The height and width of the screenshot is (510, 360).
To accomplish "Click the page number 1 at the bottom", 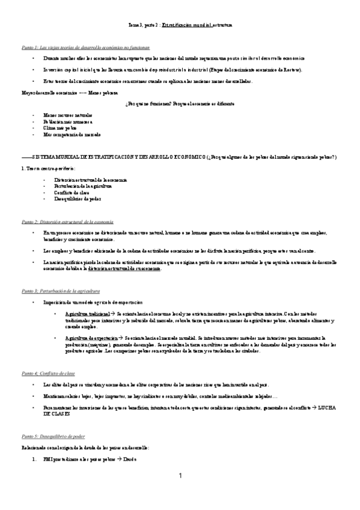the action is click(180, 476).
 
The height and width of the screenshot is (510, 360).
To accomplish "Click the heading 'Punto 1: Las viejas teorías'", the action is click(75, 47).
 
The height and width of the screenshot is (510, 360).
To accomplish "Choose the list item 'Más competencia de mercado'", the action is click(72, 135).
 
